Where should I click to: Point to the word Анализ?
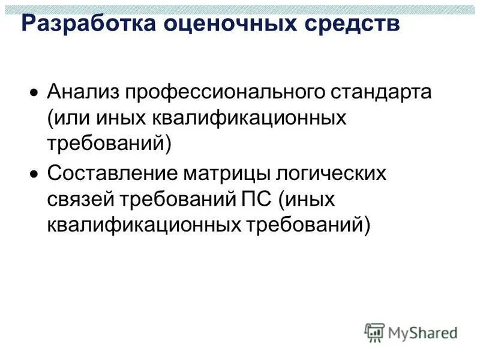(82, 93)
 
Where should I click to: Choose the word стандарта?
(383, 93)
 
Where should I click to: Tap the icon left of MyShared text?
(375, 332)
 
